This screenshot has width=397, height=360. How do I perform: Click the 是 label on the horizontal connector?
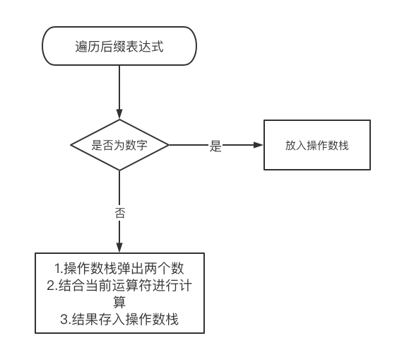[215, 146]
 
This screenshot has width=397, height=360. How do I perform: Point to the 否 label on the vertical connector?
[120, 212]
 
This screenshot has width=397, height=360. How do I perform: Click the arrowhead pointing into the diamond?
[119, 114]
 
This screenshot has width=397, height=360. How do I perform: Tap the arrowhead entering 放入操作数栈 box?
[259, 145]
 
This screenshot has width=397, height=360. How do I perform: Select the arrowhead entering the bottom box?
[119, 248]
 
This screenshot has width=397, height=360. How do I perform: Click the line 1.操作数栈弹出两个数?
[119, 268]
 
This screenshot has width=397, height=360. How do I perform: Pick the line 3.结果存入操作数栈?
[119, 319]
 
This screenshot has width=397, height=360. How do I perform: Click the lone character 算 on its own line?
[119, 302]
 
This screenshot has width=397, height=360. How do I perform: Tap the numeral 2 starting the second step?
[50, 286]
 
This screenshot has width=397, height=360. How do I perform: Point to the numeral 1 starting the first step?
[58, 269]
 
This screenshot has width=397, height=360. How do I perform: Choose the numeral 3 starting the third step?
[64, 320]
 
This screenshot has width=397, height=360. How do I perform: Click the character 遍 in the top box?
[81, 47]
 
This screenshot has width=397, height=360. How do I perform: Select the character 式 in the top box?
[158, 47]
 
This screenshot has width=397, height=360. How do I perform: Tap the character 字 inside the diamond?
[142, 145]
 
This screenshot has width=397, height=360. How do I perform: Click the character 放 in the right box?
[290, 146]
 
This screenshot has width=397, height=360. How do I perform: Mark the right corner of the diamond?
[169, 145]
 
